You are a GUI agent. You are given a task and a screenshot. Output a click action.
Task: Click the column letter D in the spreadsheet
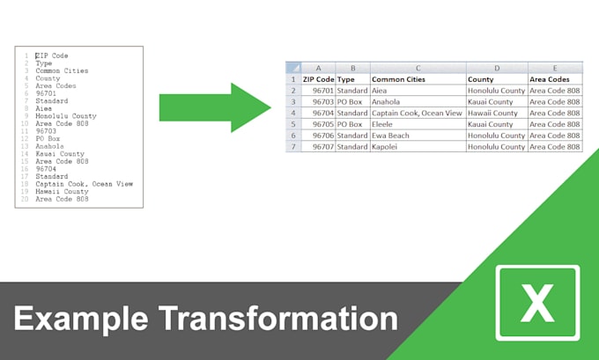[497, 67]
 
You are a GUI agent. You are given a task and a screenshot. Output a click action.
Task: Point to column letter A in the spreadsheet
[318, 67]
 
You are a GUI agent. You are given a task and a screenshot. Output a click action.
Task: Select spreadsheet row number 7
[293, 146]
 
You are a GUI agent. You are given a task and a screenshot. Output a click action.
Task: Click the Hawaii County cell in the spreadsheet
[493, 113]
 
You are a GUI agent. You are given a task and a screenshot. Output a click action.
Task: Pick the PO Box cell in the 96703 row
[351, 101]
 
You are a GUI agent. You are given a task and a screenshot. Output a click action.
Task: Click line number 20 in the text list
[26, 200]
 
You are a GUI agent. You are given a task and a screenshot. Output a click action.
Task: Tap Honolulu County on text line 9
[66, 116]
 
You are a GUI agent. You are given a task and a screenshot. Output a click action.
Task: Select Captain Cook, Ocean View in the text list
[85, 184]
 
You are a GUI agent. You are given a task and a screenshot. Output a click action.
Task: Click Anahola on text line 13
[50, 146]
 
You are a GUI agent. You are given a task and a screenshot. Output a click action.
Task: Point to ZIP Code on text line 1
[52, 55]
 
